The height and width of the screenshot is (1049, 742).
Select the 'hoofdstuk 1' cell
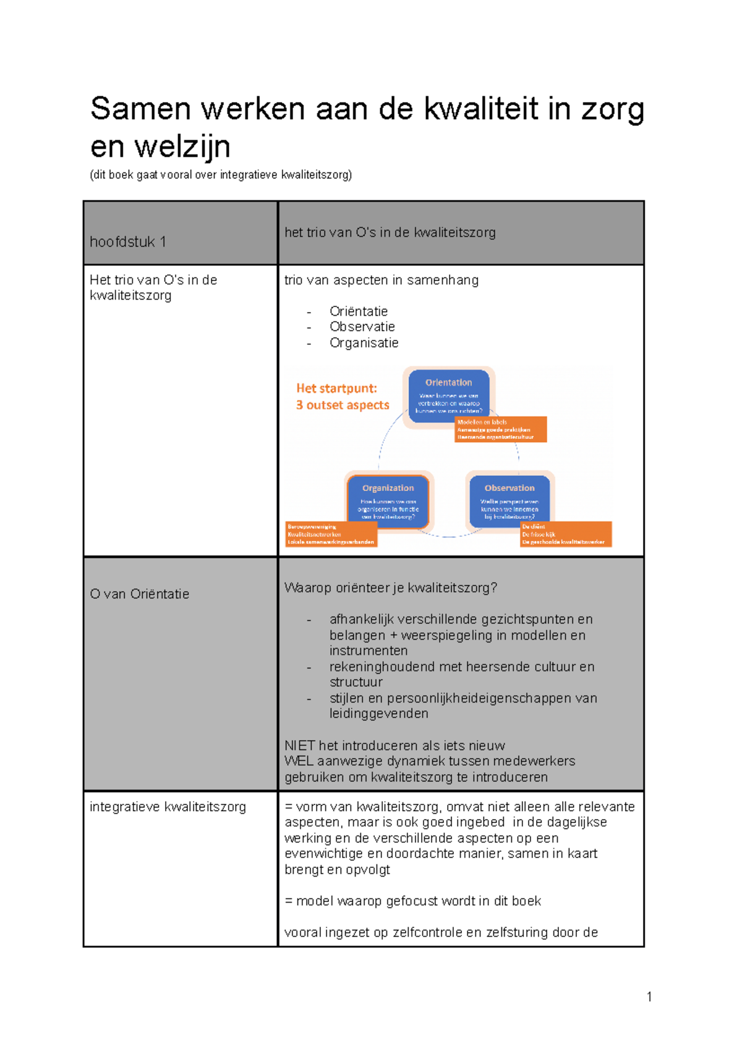(128, 242)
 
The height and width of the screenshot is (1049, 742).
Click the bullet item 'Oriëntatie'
(359, 311)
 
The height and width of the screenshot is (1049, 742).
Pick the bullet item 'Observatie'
(362, 327)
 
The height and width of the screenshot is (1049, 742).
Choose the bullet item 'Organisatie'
(364, 343)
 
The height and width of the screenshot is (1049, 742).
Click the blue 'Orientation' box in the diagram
(448, 395)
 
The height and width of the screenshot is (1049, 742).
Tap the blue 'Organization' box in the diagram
(388, 500)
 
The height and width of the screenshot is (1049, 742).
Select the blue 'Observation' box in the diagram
(510, 500)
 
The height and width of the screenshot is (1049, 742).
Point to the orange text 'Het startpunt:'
(336, 389)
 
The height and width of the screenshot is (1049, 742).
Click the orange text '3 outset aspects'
(343, 405)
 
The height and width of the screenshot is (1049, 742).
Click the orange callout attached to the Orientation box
(501, 429)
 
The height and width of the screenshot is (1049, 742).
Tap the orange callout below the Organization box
(331, 534)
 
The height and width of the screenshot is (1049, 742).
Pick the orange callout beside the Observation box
(565, 534)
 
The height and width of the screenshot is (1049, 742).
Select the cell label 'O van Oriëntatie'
(140, 594)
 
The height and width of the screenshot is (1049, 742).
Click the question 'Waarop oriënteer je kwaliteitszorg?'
(390, 588)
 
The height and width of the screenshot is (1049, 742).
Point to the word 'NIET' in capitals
(299, 746)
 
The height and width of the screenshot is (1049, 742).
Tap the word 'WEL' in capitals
(298, 761)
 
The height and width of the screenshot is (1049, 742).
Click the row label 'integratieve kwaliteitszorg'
(168, 807)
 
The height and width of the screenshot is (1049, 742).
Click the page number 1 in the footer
(649, 996)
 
